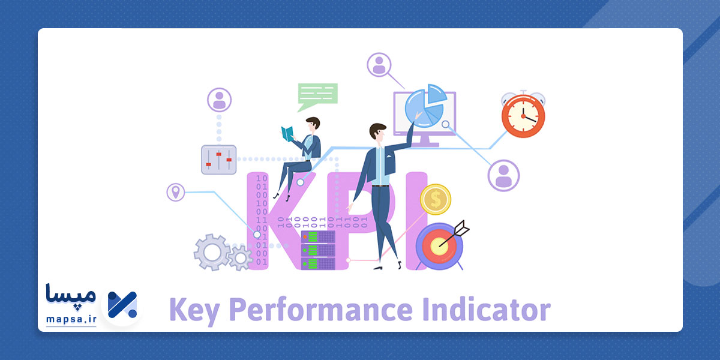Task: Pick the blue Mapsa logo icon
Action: (122, 304)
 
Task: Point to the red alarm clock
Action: (523, 115)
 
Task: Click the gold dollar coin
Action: (435, 199)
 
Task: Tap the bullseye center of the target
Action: (439, 244)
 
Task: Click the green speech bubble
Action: (317, 95)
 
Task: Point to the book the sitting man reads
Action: (289, 134)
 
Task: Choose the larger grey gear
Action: (212, 252)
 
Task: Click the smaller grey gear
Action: (241, 258)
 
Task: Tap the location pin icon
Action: (175, 192)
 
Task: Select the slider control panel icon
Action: (218, 160)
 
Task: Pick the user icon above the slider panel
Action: (219, 100)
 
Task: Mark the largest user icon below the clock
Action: (503, 176)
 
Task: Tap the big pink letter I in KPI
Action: (415, 221)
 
